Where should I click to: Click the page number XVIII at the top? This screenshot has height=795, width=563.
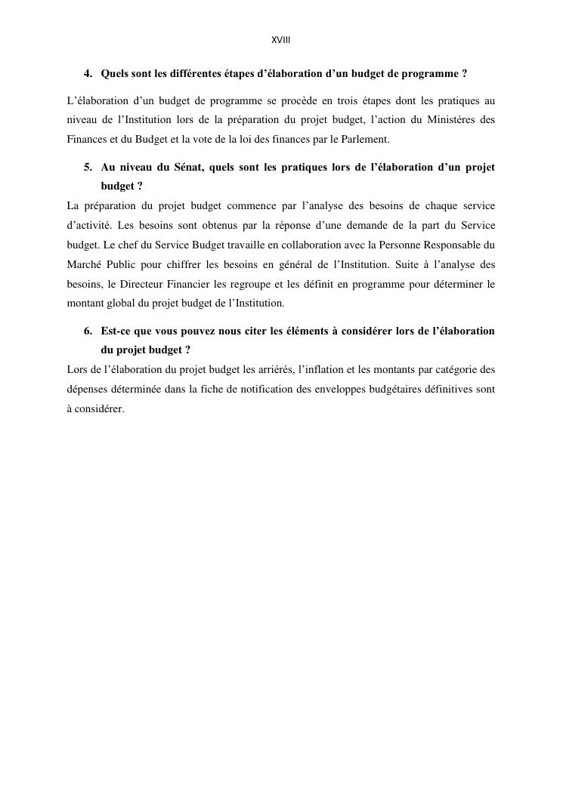281,40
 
